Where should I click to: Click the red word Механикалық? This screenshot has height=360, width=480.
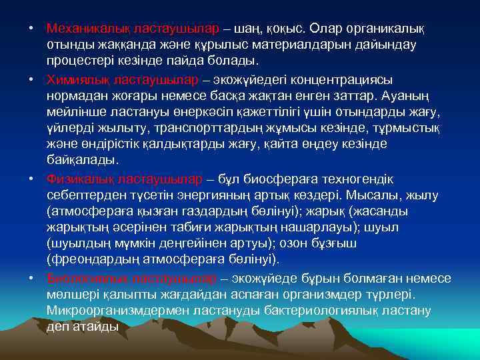[83, 29]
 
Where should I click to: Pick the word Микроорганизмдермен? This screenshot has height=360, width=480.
[119, 311]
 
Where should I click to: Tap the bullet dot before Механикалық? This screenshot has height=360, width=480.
[31, 29]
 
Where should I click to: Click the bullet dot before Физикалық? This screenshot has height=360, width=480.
[31, 179]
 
